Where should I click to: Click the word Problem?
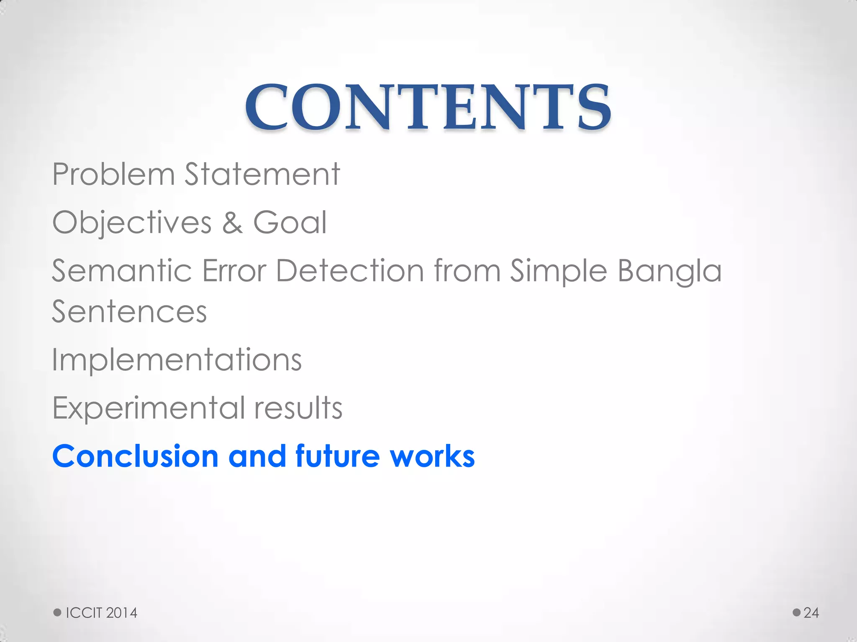click(x=113, y=174)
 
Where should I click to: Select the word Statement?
click(x=262, y=174)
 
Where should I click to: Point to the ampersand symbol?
click(x=232, y=223)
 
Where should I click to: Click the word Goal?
click(x=290, y=223)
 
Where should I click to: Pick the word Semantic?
click(x=122, y=271)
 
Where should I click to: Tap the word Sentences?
click(x=129, y=312)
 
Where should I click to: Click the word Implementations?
click(x=177, y=360)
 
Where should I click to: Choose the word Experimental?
click(x=149, y=408)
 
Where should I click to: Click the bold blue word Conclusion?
click(x=135, y=456)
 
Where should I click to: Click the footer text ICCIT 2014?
click(x=102, y=613)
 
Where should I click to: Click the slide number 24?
click(x=811, y=613)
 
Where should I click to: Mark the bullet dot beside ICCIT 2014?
click(x=57, y=612)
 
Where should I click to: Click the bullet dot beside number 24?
click(x=797, y=612)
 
